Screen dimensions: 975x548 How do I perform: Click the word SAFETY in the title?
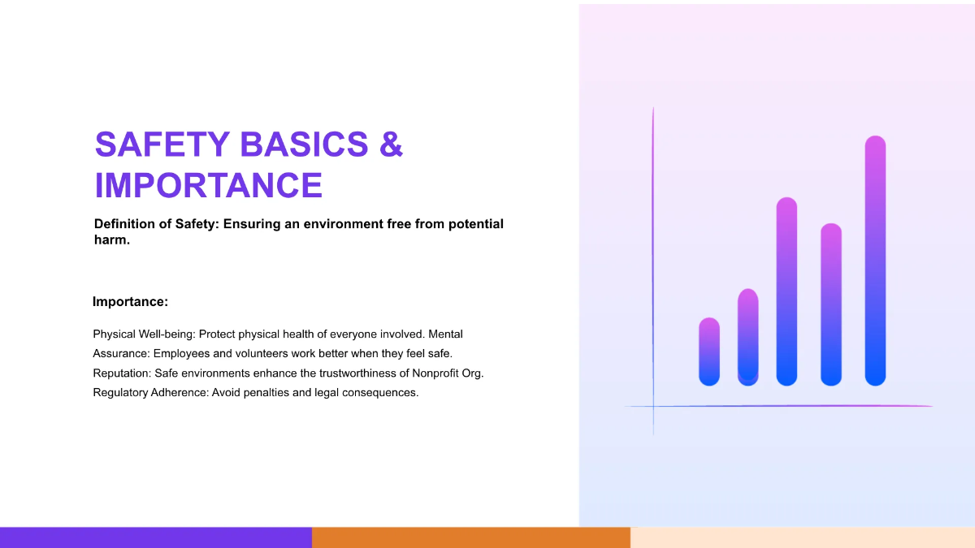point(162,144)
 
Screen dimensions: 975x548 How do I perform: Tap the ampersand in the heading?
point(391,144)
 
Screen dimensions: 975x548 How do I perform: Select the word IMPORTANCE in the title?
point(209,185)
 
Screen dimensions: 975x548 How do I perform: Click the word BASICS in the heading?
point(304,144)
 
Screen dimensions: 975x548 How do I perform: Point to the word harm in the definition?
point(112,240)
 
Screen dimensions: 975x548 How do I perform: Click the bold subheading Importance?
point(130,301)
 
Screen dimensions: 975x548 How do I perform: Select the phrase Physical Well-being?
point(143,334)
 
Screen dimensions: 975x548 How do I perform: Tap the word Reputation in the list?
point(122,373)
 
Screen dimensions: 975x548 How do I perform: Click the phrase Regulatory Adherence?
point(150,393)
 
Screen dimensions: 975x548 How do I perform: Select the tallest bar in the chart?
point(875,261)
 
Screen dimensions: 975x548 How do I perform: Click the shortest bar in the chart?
point(709,352)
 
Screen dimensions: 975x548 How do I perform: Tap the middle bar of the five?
point(786,291)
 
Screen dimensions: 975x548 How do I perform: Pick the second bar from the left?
point(747,337)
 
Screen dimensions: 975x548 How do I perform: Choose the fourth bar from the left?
point(831,304)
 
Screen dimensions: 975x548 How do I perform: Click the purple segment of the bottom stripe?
point(156,537)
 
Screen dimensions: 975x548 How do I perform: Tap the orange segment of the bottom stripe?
point(471,537)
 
